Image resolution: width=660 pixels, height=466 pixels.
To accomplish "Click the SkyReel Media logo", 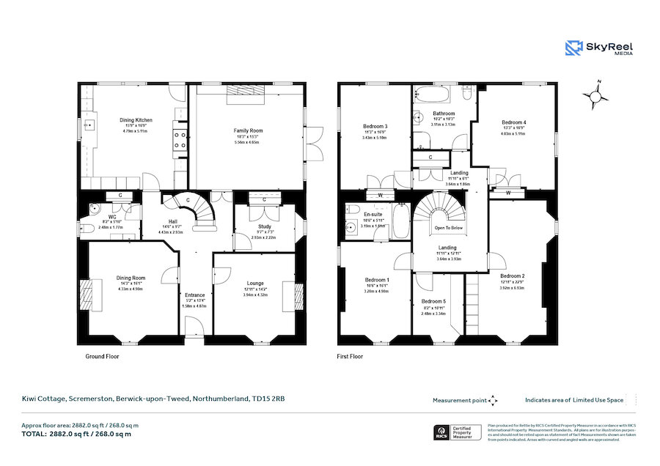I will coord(598,48).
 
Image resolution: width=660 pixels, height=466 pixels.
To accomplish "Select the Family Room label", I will coord(248,130).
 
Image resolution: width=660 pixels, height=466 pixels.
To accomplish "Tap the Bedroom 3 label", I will coord(375,126).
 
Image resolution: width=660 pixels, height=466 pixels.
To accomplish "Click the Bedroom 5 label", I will coord(433,301).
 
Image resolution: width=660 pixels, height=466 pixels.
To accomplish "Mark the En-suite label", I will coord(374,214).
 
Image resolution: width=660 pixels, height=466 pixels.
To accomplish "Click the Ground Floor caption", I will coord(103,356).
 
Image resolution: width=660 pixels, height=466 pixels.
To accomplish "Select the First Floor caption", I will coord(350,356).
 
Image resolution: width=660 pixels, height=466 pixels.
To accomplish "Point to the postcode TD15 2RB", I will coord(268,399).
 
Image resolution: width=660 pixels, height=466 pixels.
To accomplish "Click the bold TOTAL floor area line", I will coord(76,434).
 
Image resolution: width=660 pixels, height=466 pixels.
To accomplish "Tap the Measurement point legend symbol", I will coord(492,400).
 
